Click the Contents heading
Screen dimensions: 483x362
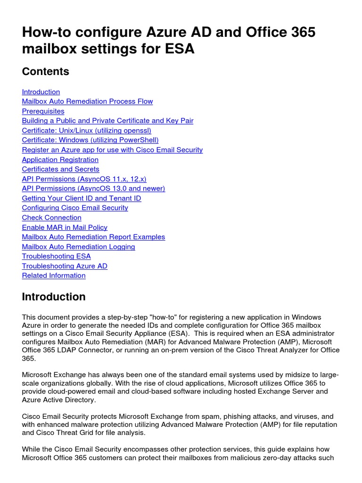(46, 71)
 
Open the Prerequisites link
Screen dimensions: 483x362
(43, 111)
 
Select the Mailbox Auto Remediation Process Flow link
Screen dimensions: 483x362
(87, 101)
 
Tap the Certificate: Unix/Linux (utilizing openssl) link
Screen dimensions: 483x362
(86, 131)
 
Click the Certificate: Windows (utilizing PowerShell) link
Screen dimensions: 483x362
(90, 140)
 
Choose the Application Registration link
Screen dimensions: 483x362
(60, 159)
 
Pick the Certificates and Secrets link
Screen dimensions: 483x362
(60, 169)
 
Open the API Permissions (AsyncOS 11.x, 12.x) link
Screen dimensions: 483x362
(84, 179)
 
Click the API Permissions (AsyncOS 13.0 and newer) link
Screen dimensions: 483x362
(93, 189)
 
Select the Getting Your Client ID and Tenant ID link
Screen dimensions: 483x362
(82, 198)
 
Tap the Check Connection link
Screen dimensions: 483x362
(51, 217)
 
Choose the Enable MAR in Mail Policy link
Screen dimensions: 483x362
(65, 227)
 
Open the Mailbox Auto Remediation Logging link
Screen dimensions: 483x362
(78, 247)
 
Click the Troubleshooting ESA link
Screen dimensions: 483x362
(56, 256)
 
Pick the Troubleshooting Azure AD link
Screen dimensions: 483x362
(65, 266)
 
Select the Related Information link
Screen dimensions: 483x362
(54, 275)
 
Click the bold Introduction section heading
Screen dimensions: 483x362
(54, 297)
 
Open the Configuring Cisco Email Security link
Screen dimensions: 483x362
(75, 208)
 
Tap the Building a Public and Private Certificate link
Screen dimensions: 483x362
(107, 121)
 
